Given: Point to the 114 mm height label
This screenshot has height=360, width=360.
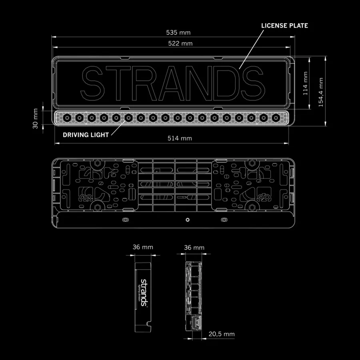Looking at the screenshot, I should click(305, 83).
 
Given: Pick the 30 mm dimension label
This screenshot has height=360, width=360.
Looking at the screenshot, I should click(35, 119).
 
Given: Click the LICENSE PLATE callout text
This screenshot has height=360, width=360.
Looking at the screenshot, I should click(284, 26).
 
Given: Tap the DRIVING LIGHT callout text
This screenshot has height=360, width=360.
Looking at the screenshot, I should click(86, 135).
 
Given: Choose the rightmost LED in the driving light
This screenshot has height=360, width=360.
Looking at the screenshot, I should click(276, 118).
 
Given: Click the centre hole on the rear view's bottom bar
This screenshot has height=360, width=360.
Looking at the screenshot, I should click(187, 220).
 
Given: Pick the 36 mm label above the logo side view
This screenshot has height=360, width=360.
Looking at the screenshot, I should click(143, 247).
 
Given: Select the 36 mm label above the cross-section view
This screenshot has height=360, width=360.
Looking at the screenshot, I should click(194, 248).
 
